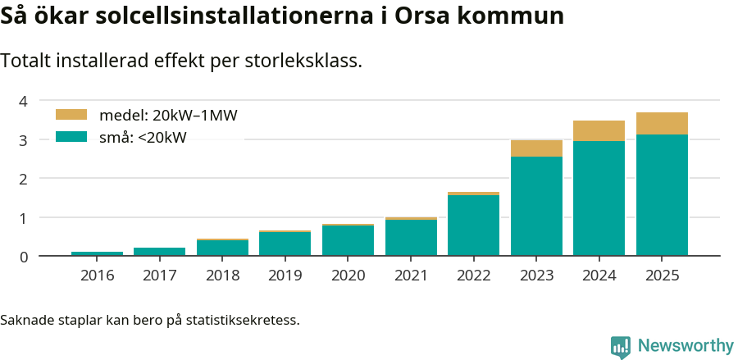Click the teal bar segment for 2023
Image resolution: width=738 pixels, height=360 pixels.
[x=536, y=206]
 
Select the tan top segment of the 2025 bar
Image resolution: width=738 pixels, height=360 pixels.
[x=662, y=123]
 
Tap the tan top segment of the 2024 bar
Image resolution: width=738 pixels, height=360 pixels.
[x=599, y=130]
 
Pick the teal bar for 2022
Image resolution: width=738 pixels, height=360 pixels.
[x=473, y=226]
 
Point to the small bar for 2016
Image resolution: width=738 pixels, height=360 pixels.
[x=97, y=253]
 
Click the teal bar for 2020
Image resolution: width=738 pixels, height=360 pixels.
[x=348, y=240]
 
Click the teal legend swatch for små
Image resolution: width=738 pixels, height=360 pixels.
[x=71, y=137]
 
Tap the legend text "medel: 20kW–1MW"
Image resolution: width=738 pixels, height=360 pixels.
[x=168, y=116]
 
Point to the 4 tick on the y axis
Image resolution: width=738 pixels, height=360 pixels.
[x=24, y=101]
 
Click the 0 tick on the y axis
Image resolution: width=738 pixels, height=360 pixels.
[x=24, y=257]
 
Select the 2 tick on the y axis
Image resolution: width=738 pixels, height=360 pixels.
[x=24, y=179]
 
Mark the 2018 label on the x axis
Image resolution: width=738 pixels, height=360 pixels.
[x=223, y=276]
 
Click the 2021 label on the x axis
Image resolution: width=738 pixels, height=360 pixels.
[x=411, y=276]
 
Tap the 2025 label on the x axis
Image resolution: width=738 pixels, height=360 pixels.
[x=662, y=276]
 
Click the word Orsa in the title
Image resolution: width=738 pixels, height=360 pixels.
[x=426, y=16]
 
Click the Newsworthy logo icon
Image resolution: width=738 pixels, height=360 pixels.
[x=621, y=346]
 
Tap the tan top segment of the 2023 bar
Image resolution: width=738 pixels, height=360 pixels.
[x=536, y=148]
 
